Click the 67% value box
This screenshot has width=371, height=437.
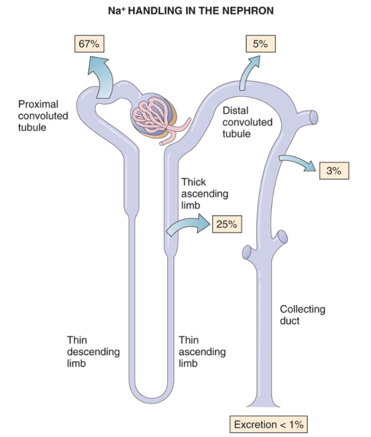point(89,44)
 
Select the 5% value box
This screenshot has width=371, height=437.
point(261,44)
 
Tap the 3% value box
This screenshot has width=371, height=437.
point(334,171)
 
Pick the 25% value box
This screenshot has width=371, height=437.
point(227,224)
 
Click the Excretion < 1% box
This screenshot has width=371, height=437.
point(268,424)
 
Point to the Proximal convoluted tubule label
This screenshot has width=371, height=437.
point(43,116)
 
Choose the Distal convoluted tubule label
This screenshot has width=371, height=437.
point(248,122)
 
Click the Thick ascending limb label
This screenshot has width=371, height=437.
point(205,194)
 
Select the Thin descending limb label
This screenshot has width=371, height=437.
point(93,352)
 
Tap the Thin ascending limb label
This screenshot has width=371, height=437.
point(202,352)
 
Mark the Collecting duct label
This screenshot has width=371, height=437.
point(302,315)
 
